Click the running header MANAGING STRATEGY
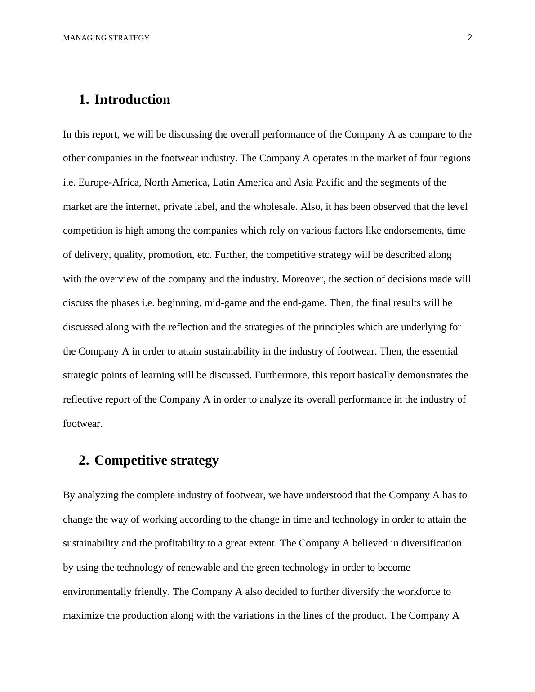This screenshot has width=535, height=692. click(x=106, y=38)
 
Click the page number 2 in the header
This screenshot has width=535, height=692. click(x=470, y=38)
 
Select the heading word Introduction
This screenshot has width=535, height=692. click(x=132, y=99)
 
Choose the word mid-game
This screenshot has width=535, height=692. click(x=225, y=303)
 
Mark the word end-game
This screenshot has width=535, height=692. click(x=303, y=303)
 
